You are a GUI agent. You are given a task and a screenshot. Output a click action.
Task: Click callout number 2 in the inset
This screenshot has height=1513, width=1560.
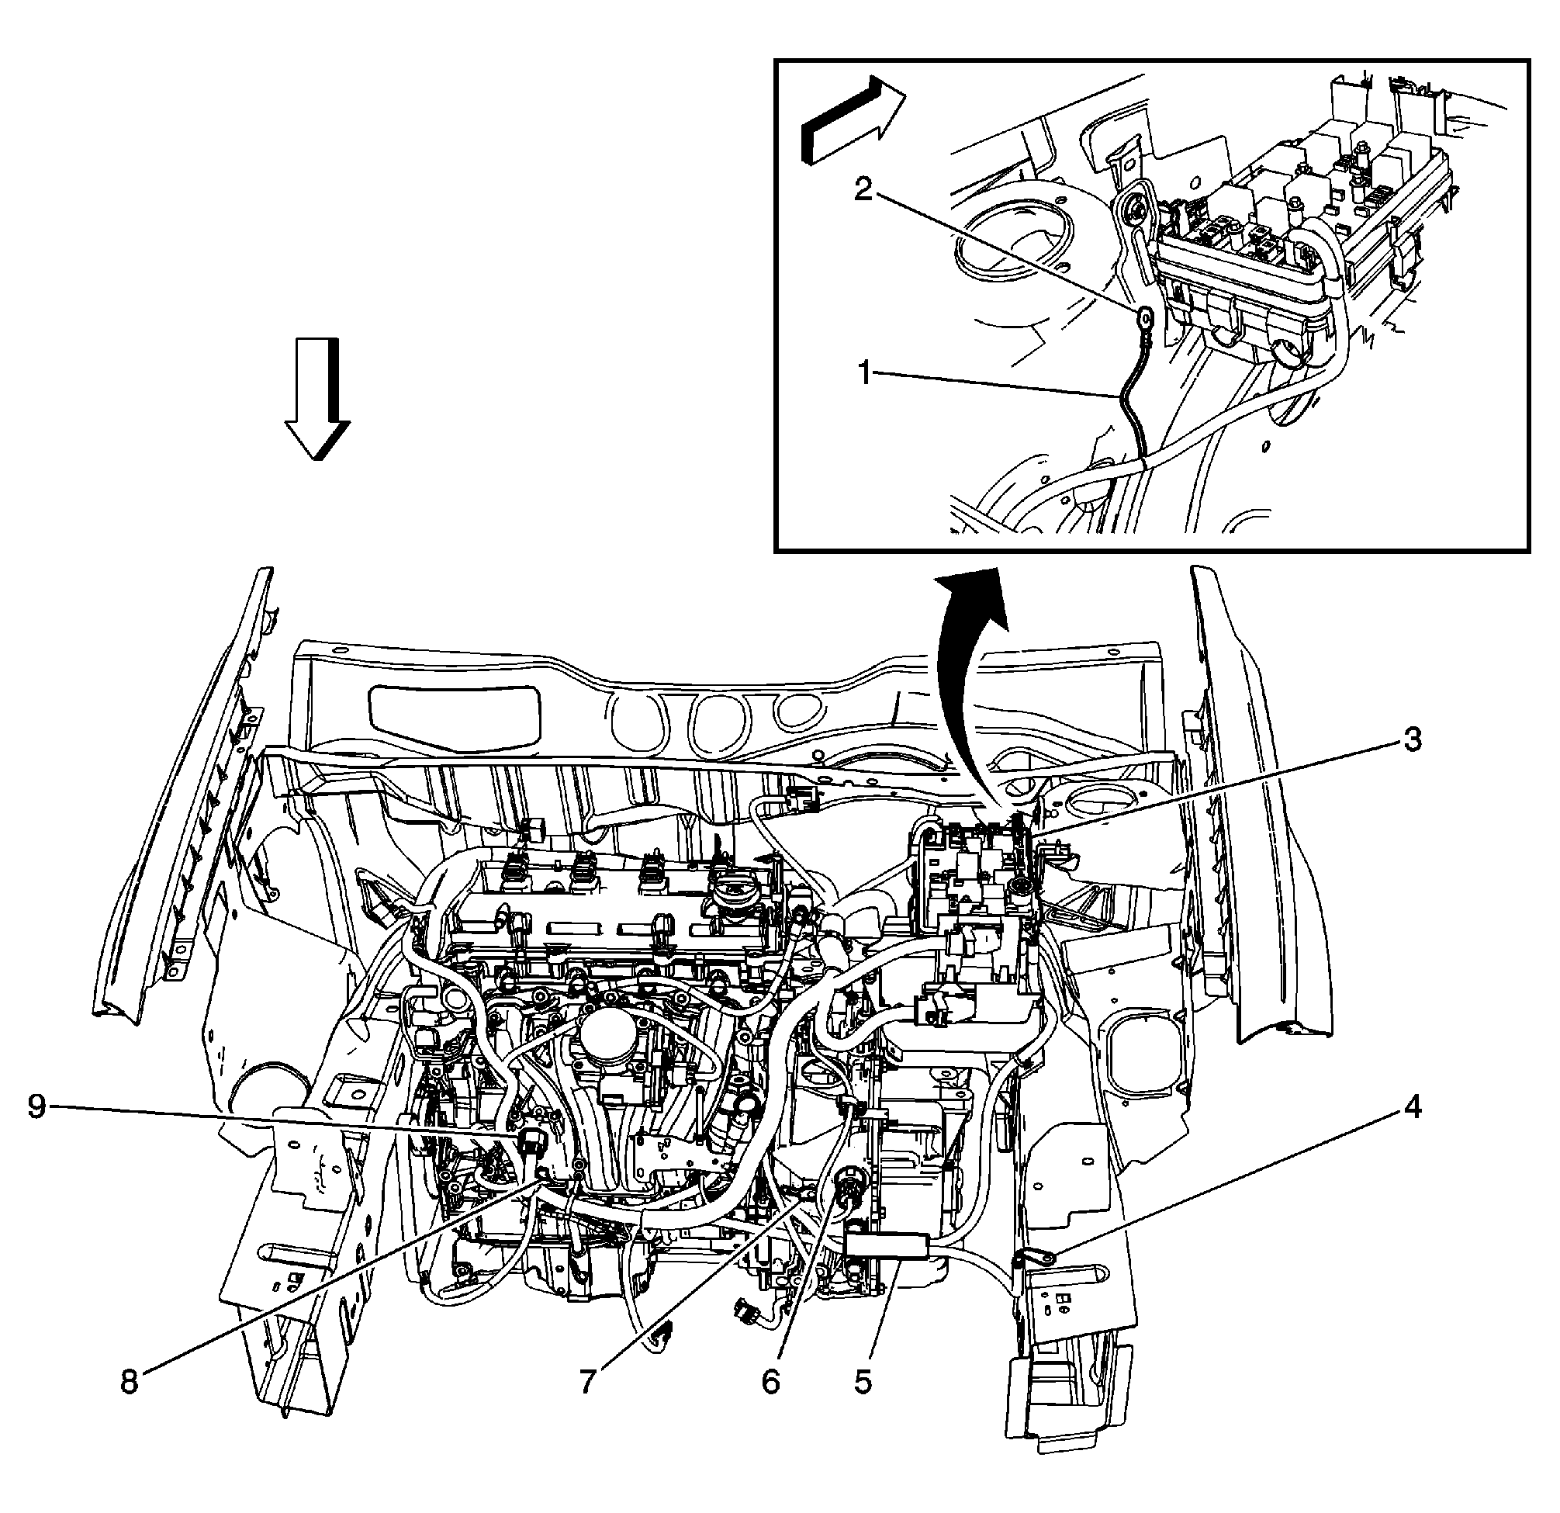click(x=863, y=192)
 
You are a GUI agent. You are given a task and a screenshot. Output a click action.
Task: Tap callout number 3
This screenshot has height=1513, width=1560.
click(x=1410, y=739)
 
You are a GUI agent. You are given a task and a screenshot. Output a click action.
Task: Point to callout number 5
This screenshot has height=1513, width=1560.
click(x=863, y=1382)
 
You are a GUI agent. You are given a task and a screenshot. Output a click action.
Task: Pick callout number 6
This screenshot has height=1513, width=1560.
click(x=770, y=1382)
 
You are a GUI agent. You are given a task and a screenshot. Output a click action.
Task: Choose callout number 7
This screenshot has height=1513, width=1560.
click(x=587, y=1382)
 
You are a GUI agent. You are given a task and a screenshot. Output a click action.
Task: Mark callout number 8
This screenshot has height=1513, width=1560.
click(x=129, y=1382)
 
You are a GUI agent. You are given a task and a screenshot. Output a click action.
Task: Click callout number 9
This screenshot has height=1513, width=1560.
click(x=37, y=1107)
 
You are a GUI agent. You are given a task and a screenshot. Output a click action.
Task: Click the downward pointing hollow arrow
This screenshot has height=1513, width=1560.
click(x=316, y=398)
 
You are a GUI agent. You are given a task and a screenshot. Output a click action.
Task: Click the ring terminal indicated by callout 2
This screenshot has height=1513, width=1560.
click(x=1144, y=320)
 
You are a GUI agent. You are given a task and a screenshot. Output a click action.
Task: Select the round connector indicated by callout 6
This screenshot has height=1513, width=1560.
click(x=843, y=1193)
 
